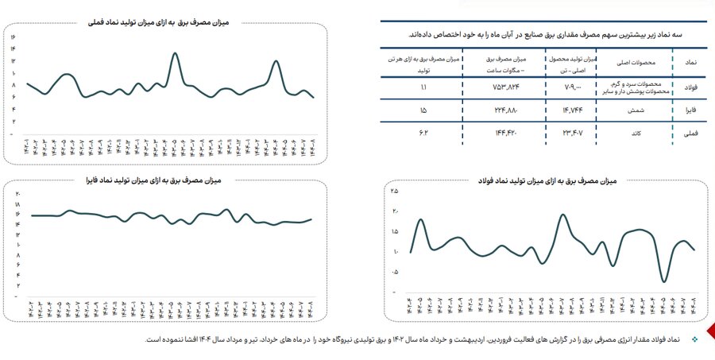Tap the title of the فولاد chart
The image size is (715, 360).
tap(544, 182)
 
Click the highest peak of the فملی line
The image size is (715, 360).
tap(174, 53)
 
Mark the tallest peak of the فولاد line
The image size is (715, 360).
tap(562, 215)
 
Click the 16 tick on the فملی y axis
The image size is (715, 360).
tap(14, 37)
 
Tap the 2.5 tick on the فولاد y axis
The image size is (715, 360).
tap(395, 192)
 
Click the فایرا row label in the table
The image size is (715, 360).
tap(691, 110)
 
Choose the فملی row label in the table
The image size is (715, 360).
tap(691, 134)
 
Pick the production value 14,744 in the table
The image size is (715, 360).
tap(572, 110)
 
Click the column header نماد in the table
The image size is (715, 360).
tap(691, 60)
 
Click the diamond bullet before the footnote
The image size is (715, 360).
tap(694, 339)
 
